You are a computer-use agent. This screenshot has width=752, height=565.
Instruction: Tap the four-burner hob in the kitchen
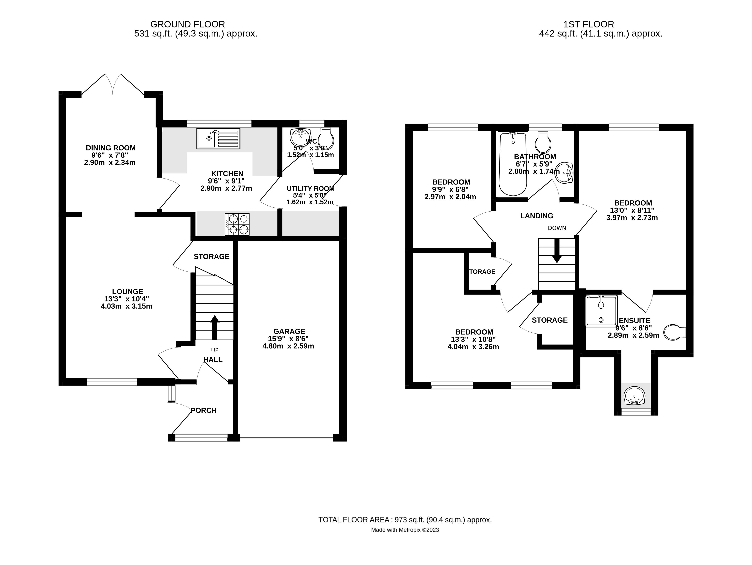237,224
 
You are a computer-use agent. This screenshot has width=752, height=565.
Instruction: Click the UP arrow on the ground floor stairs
215,327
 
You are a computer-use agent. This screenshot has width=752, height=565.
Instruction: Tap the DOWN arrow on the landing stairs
557,250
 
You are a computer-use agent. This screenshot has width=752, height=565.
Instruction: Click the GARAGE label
289,331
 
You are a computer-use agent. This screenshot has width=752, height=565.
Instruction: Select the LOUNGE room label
127,291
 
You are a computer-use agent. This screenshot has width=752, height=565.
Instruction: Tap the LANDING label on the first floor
536,216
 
